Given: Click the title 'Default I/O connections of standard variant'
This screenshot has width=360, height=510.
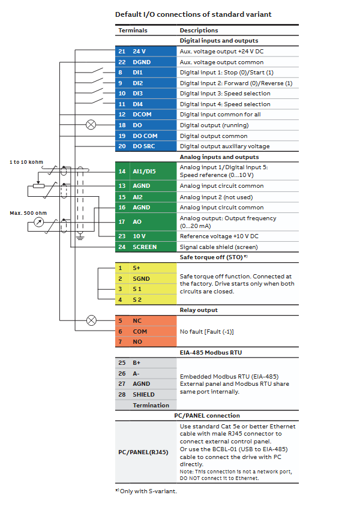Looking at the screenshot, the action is click(193, 14).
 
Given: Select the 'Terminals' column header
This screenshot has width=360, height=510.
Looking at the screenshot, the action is click(133, 30).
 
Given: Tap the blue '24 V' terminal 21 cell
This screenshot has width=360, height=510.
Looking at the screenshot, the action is click(146, 52).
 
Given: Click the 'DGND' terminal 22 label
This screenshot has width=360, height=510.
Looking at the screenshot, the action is click(142, 62).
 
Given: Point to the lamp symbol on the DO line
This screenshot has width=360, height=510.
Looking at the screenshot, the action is click(91, 125).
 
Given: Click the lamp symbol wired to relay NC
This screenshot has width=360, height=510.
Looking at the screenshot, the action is click(91, 320).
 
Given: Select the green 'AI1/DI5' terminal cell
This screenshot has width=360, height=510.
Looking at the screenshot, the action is click(146, 172).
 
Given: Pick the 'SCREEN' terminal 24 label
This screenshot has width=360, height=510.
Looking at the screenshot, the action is click(145, 247).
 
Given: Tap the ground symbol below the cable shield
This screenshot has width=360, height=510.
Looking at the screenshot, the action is click(80, 236).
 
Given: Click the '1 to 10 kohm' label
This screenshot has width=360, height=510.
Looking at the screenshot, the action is click(26, 162).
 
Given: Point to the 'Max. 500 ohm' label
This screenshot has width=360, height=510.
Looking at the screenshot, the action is click(28, 213).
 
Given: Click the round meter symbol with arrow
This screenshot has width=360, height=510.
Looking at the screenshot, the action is click(39, 222).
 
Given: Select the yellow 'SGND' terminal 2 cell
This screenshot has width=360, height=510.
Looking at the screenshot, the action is click(146, 279).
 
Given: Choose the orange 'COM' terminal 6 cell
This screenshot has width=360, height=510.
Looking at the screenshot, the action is click(146, 331).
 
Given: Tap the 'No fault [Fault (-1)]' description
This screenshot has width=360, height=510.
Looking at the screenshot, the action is click(207, 331).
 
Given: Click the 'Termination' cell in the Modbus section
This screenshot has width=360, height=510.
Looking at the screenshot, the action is click(151, 405).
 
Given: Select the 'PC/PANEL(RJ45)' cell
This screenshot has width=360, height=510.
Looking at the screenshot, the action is click(143, 452).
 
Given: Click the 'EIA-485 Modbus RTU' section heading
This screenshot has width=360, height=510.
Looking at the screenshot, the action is click(211, 353).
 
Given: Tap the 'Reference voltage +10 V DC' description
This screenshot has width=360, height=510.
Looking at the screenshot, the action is click(219, 236).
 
